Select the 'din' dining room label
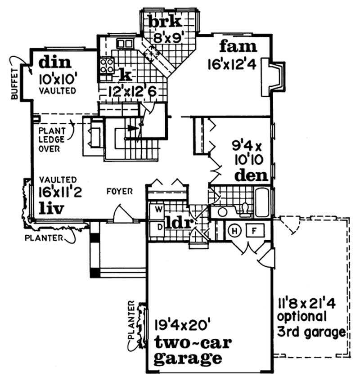tap(52, 62)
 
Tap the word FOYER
tap(120, 191)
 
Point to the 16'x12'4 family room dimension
tap(232, 64)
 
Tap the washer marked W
tap(158, 209)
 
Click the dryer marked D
tap(158, 226)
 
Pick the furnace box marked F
tap(254, 230)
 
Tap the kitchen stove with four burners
tap(107, 66)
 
